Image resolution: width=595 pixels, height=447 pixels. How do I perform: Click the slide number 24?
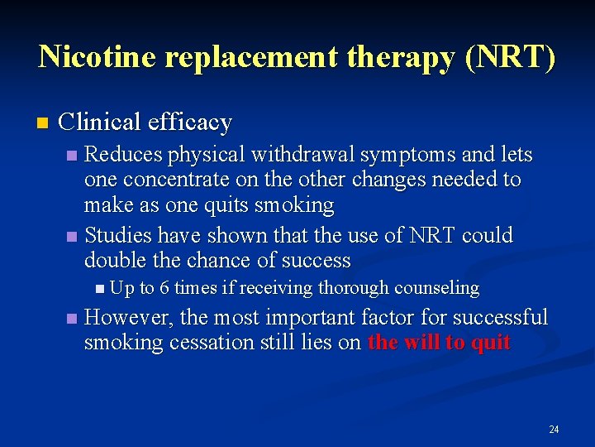[x=554, y=429]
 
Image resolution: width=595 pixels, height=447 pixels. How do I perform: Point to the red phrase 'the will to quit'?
[x=439, y=343]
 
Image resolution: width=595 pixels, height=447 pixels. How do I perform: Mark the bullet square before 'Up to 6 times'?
[x=100, y=289]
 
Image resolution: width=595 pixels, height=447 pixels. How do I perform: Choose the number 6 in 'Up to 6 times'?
[x=165, y=288]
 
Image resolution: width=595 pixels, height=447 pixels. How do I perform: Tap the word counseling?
[x=440, y=288]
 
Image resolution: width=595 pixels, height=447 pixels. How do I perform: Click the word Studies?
[x=117, y=236]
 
